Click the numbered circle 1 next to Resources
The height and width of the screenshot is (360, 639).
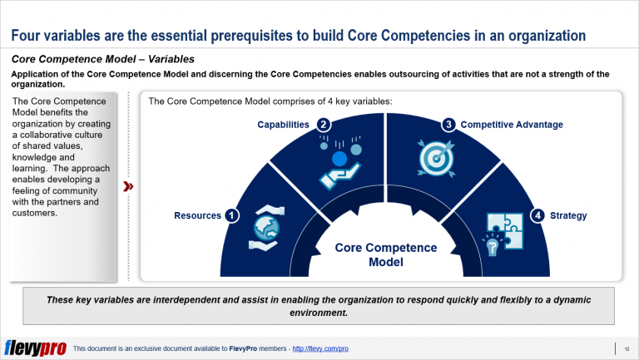point(232,215)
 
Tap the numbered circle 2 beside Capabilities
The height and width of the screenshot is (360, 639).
point(324,125)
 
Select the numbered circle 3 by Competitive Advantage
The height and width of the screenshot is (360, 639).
point(448,125)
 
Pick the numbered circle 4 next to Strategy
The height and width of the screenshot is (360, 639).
point(538,215)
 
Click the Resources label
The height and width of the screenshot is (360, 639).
point(197,215)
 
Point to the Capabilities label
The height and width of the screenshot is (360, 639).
point(283,125)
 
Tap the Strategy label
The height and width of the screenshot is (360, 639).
point(568,215)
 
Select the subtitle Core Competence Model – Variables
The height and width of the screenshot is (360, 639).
point(103,60)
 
